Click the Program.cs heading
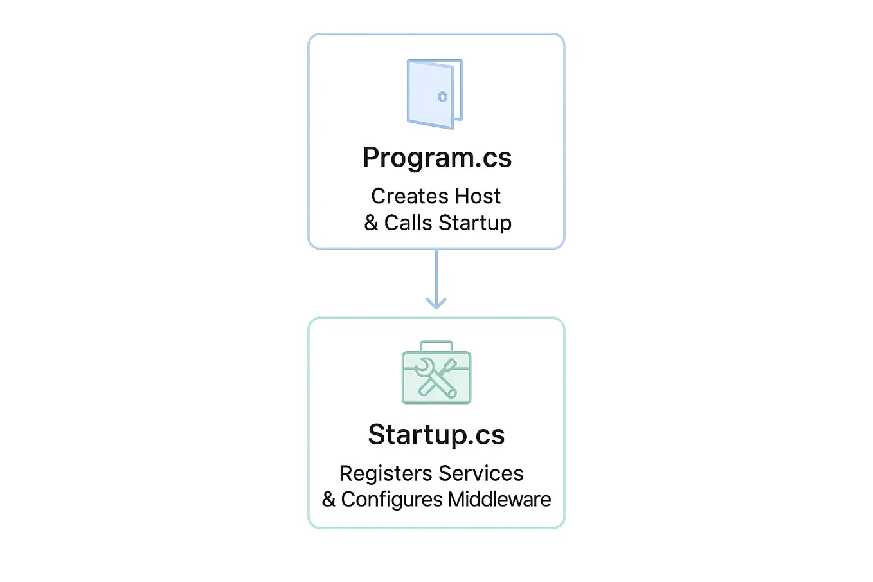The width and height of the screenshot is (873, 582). point(437,158)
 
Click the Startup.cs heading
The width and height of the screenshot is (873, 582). point(437,435)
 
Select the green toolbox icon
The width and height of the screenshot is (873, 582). point(437,374)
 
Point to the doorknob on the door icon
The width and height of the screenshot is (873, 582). point(442,97)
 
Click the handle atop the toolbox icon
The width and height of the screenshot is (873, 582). point(437,345)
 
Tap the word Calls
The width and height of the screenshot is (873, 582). point(408,223)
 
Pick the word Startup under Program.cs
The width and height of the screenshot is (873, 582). point(475,224)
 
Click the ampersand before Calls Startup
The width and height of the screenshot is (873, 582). point(371,223)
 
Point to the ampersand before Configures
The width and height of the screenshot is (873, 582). point(328,500)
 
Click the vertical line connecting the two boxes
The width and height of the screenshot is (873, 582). point(437,273)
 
